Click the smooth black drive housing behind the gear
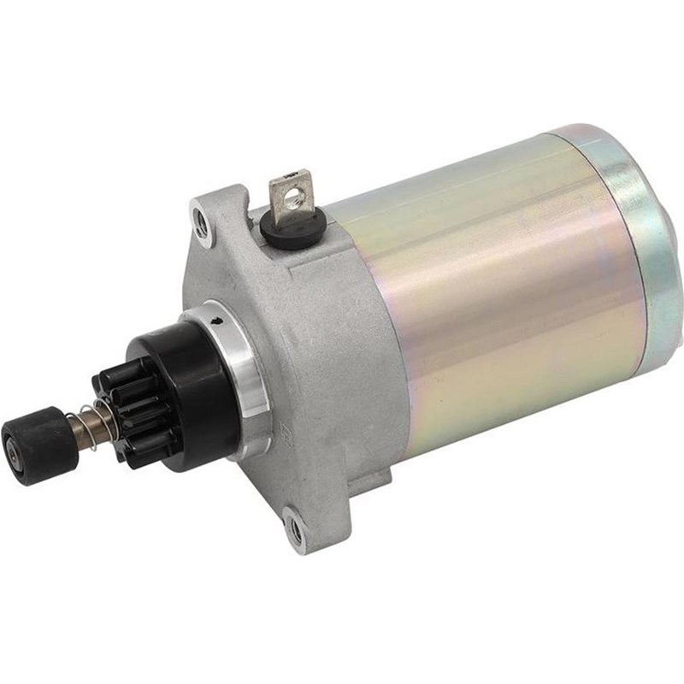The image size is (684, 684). (x=192, y=376)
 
